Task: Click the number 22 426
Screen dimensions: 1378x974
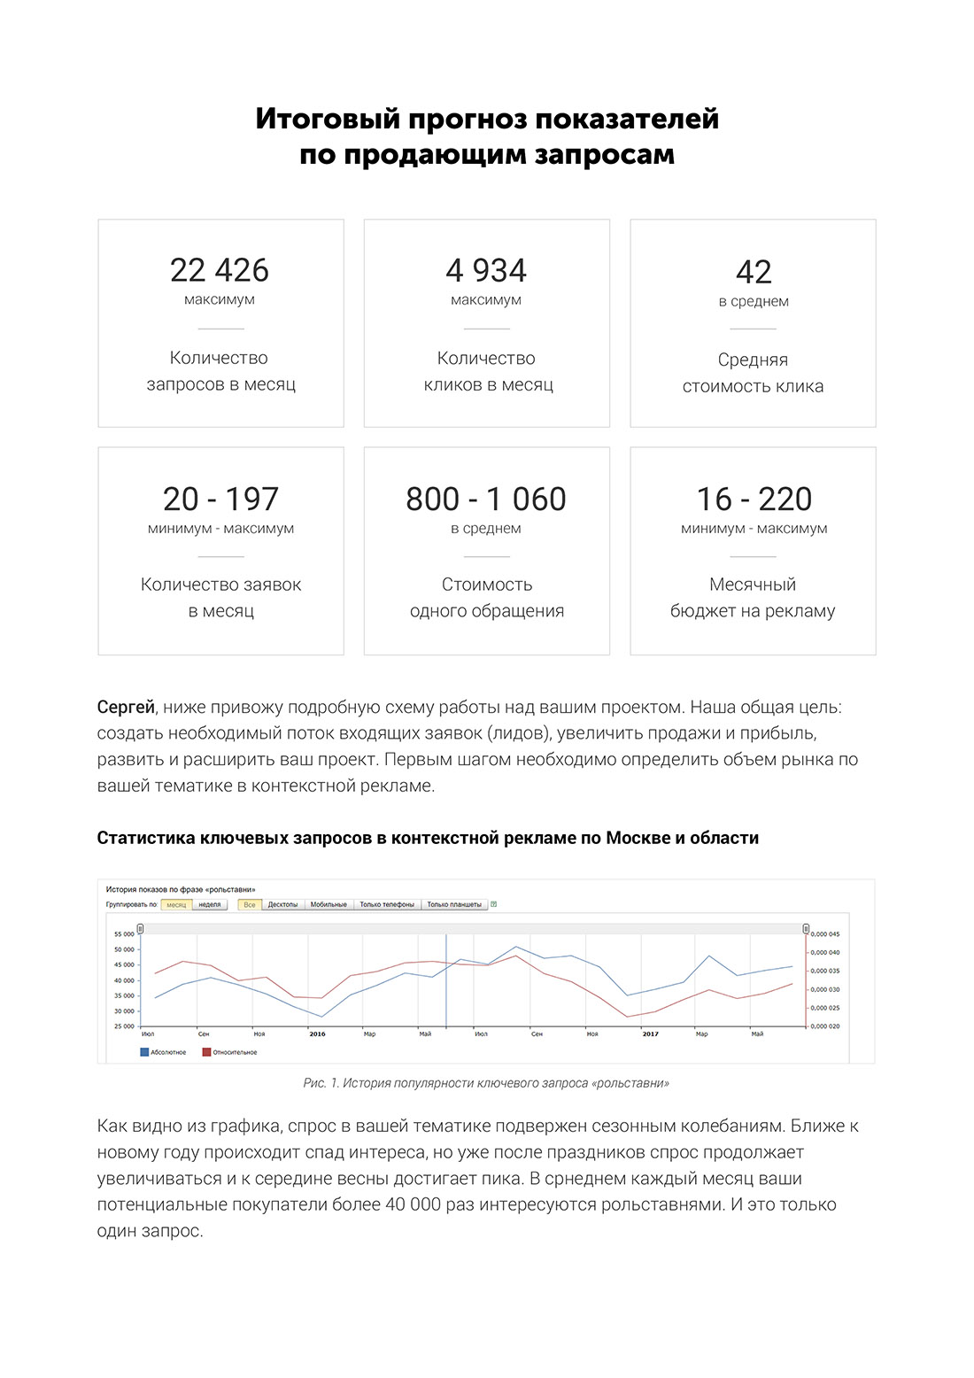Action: click(x=220, y=270)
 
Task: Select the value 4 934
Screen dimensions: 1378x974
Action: click(x=486, y=270)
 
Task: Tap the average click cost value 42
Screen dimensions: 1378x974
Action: click(x=754, y=272)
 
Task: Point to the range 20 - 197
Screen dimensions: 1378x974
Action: click(x=220, y=499)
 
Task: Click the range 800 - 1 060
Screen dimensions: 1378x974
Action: click(x=486, y=499)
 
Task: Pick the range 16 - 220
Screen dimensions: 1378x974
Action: click(x=754, y=499)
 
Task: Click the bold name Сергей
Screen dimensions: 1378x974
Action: click(x=126, y=708)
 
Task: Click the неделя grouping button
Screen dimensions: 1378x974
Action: click(x=210, y=904)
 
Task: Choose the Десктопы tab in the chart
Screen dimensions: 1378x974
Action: click(x=282, y=904)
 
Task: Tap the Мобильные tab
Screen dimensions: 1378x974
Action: click(x=329, y=904)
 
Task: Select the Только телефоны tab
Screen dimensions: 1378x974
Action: click(x=387, y=904)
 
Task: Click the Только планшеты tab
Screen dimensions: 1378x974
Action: click(x=454, y=904)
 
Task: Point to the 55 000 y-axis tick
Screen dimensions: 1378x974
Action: click(x=124, y=933)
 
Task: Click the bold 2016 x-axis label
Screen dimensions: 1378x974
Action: click(x=317, y=1034)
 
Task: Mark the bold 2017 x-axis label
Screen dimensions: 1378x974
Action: click(x=650, y=1034)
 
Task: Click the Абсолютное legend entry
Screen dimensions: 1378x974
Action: click(x=164, y=1052)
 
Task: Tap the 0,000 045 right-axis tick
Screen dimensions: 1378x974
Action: click(x=825, y=933)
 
